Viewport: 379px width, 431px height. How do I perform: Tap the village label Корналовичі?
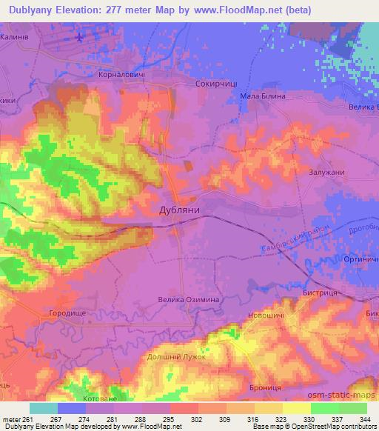(x=122, y=75)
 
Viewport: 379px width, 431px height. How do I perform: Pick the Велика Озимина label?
(x=187, y=300)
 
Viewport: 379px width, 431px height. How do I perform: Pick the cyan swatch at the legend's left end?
(x=43, y=408)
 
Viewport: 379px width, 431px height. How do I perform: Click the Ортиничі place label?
(x=361, y=258)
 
